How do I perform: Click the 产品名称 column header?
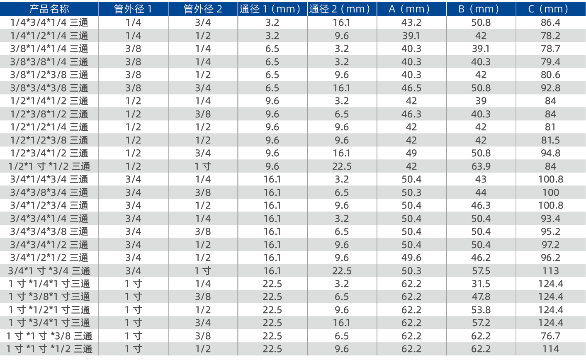(49, 9)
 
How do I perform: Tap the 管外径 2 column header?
(203, 9)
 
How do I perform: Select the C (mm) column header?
(550, 9)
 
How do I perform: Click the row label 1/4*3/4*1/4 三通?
(49, 22)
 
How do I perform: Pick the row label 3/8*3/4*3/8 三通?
(49, 88)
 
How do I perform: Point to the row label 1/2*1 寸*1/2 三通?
(49, 166)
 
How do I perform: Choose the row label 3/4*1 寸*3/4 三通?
(49, 271)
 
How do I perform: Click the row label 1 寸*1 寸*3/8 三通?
(49, 336)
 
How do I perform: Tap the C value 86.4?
(550, 22)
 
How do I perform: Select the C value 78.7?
(550, 49)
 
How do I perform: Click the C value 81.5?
(550, 140)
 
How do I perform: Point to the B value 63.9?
(481, 166)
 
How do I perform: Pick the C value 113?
(550, 271)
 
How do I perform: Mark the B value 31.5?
(481, 284)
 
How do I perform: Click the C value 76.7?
(550, 336)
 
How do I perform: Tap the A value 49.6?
(411, 258)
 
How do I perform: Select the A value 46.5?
(411, 88)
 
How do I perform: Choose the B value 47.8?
(481, 297)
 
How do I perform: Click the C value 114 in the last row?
(550, 349)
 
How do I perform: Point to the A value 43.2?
(411, 22)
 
